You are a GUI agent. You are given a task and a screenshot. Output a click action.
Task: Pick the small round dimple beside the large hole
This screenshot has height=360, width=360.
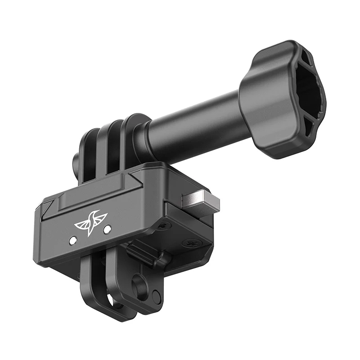(x=156, y=296)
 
